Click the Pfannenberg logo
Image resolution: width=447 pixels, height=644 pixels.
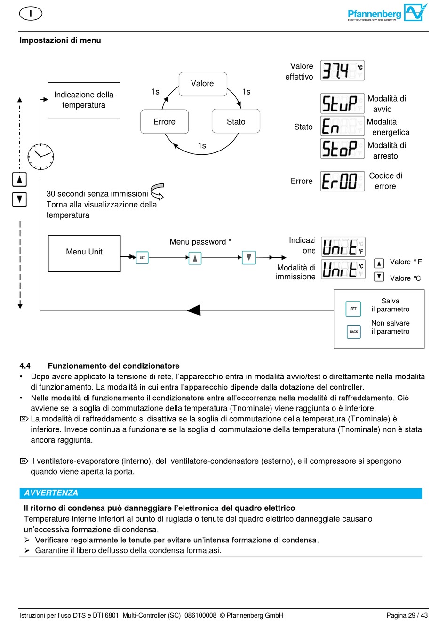click(387, 14)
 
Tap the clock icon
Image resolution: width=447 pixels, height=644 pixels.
click(41, 157)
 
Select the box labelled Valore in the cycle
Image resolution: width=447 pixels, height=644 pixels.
click(203, 84)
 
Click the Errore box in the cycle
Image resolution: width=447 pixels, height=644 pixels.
click(164, 122)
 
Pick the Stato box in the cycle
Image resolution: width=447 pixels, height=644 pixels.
click(236, 122)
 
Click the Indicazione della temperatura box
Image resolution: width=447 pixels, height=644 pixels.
click(84, 100)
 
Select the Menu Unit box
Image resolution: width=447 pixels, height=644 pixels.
click(84, 253)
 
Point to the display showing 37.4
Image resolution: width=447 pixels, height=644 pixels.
click(342, 71)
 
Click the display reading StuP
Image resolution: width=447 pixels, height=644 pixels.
click(342, 103)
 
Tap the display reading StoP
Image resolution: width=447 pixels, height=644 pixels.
click(342, 149)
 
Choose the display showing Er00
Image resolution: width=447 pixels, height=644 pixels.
click(342, 181)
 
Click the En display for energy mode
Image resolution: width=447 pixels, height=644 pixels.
click(342, 126)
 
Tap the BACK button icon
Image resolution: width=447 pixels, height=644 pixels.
click(354, 332)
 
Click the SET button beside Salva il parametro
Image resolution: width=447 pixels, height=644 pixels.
click(353, 309)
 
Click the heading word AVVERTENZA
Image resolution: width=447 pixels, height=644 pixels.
click(51, 493)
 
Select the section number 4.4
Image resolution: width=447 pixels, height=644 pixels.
click(25, 366)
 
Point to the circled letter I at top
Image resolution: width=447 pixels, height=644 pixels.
click(31, 14)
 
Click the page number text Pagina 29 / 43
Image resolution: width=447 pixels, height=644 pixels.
click(407, 615)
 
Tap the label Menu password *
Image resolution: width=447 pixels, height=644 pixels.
click(200, 242)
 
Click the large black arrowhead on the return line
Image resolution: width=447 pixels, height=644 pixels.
click(194, 310)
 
